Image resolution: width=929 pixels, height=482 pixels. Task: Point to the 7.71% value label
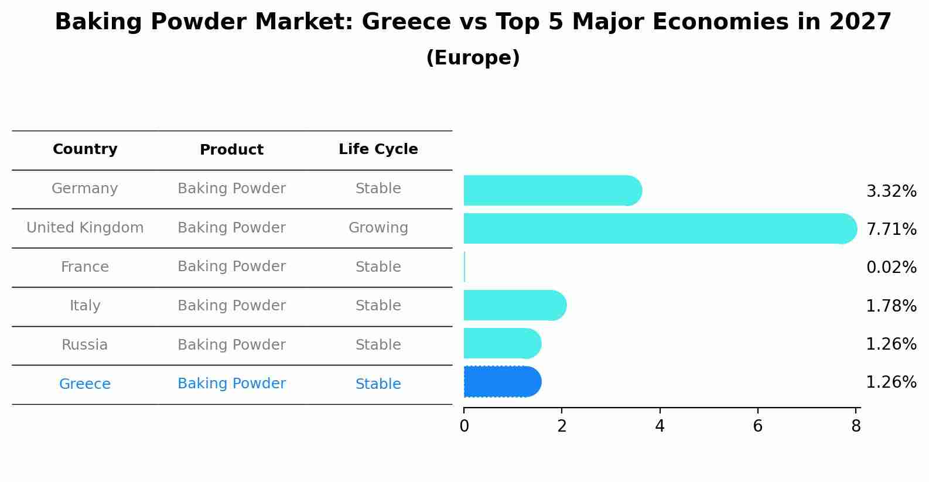(891, 229)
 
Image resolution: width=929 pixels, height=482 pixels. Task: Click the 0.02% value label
(891, 268)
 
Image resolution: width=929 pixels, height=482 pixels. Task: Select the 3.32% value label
(891, 191)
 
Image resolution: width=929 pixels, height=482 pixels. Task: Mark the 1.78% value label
(891, 306)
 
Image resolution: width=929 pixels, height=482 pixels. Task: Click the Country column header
(85, 149)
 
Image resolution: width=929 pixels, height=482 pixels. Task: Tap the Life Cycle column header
(378, 149)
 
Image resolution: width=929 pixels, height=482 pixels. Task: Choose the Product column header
(231, 150)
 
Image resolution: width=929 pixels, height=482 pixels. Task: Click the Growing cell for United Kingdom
(378, 228)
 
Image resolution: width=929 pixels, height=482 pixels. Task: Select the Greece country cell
(85, 384)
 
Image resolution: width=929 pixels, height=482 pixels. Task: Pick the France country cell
(85, 267)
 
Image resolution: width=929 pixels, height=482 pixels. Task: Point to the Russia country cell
(85, 345)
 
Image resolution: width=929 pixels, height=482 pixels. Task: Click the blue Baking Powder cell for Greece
(231, 384)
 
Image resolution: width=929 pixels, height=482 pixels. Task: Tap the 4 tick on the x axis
(660, 426)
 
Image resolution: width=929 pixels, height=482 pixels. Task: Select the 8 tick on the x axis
(856, 426)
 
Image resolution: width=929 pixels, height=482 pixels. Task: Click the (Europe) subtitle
(473, 58)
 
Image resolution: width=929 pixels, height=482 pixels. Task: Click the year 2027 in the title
(860, 22)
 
